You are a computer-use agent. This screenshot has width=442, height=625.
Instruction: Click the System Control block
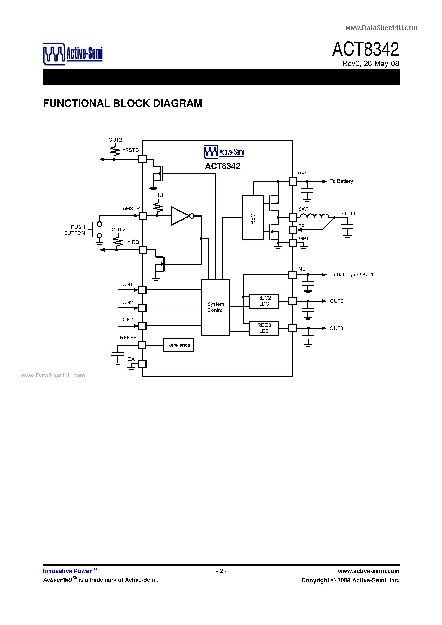(216, 307)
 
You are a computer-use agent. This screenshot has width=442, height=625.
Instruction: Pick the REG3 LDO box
(264, 328)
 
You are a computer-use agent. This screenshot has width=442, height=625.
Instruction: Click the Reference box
(178, 345)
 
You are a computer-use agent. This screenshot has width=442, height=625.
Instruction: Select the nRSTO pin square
(142, 159)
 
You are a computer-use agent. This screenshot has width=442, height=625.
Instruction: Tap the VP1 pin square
(292, 181)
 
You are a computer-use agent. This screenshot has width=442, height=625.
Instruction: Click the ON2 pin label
(128, 302)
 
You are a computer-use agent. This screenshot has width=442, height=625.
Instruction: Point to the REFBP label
(128, 337)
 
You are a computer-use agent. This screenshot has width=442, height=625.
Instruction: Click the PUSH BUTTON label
(75, 230)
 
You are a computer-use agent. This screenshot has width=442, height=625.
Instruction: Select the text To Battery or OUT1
(351, 274)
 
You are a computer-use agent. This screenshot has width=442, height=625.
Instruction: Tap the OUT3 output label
(336, 328)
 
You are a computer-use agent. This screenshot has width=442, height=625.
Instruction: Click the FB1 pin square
(292, 230)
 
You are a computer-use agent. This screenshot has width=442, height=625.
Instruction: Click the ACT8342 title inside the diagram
(223, 166)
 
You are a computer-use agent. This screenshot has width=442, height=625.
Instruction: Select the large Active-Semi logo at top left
(73, 54)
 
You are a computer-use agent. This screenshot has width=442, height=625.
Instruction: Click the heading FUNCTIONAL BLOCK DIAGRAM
(122, 103)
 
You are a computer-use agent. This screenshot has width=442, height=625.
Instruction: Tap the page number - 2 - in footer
(221, 571)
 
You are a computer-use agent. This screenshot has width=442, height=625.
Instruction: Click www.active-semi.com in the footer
(368, 571)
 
